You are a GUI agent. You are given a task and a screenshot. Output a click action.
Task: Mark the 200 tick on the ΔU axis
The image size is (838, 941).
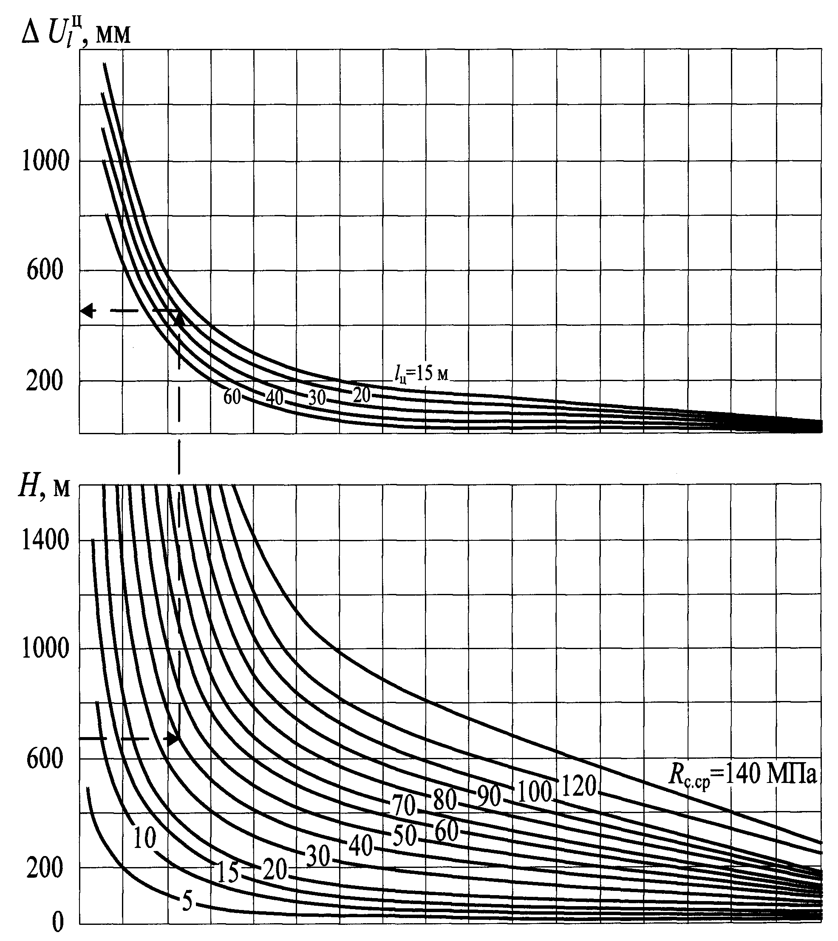point(44,381)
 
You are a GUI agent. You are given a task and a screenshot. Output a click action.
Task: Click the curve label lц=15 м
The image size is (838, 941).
point(421,374)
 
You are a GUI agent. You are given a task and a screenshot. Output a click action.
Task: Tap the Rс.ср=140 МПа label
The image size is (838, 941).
point(742,775)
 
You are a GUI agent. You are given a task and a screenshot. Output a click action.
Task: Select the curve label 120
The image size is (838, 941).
point(579,786)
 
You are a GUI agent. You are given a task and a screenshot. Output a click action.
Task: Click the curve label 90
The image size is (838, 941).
point(488,797)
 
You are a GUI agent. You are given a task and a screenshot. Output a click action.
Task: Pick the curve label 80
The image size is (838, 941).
point(445,800)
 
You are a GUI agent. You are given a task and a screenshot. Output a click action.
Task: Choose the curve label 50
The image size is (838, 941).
point(404,836)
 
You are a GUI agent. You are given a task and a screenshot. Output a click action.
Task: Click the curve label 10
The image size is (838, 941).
point(144,838)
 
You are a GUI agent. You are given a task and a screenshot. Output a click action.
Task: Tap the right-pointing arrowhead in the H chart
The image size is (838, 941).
point(173,738)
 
